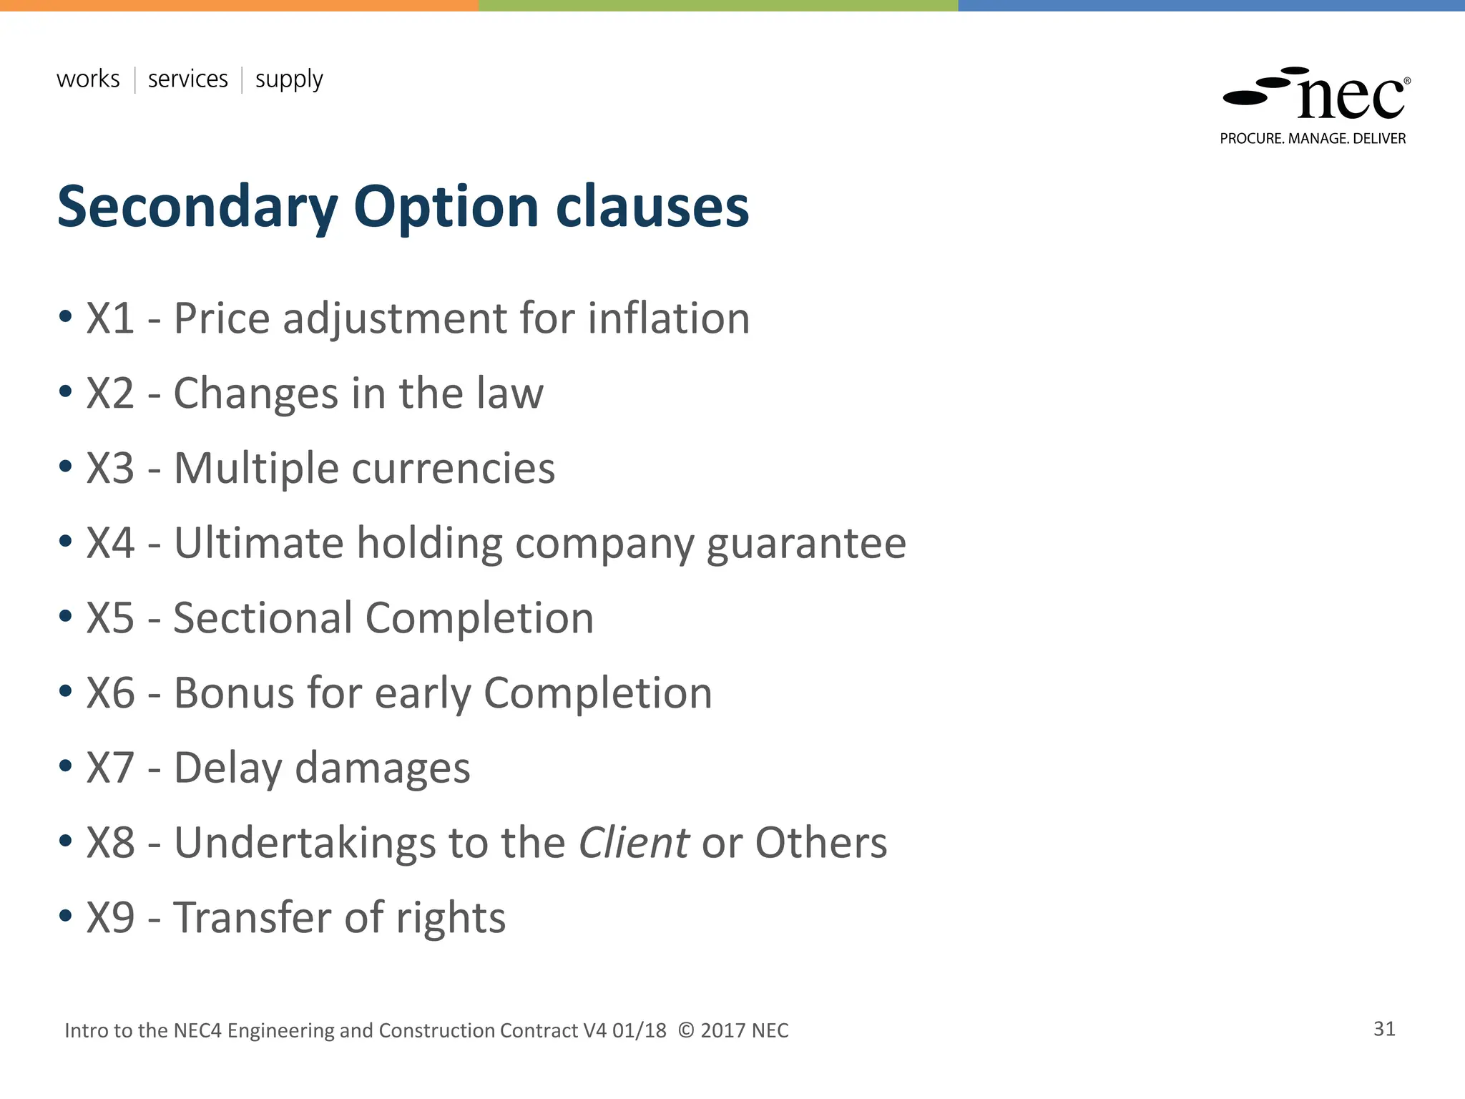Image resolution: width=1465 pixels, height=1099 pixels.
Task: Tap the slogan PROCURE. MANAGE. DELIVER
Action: click(1313, 139)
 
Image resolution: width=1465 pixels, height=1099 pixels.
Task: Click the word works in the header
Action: click(88, 79)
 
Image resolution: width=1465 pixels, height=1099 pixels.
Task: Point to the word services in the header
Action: click(187, 79)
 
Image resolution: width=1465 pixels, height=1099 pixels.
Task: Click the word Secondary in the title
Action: click(197, 207)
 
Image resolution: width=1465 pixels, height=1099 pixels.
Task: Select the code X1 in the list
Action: click(110, 318)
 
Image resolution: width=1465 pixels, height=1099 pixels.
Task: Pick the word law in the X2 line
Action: click(510, 394)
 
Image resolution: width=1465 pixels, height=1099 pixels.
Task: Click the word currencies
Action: click(453, 469)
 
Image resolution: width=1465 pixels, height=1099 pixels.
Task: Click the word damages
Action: click(382, 769)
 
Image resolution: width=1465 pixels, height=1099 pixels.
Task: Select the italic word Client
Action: click(633, 843)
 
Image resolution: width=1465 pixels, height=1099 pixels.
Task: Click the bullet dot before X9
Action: click(66, 916)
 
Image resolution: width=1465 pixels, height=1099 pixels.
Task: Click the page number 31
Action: click(1384, 1029)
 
